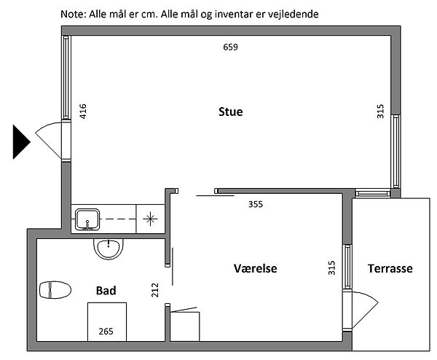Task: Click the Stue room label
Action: pos(230,111)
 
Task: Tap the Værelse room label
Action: pos(256,268)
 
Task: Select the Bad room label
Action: pos(106,291)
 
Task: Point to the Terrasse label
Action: pos(390,268)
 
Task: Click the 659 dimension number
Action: pos(230,47)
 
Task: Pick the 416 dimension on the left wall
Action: pos(83,111)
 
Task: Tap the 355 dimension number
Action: pos(256,204)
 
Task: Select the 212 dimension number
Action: pos(154,290)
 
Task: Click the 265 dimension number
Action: pos(106,332)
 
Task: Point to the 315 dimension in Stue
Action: pos(380,111)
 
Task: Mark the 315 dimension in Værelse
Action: pos(331,267)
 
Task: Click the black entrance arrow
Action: pos(21,142)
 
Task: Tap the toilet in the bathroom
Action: pos(55,290)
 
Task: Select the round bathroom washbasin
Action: pos(108,249)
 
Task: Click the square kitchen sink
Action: pos(87,220)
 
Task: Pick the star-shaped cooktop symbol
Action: pos(150,219)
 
